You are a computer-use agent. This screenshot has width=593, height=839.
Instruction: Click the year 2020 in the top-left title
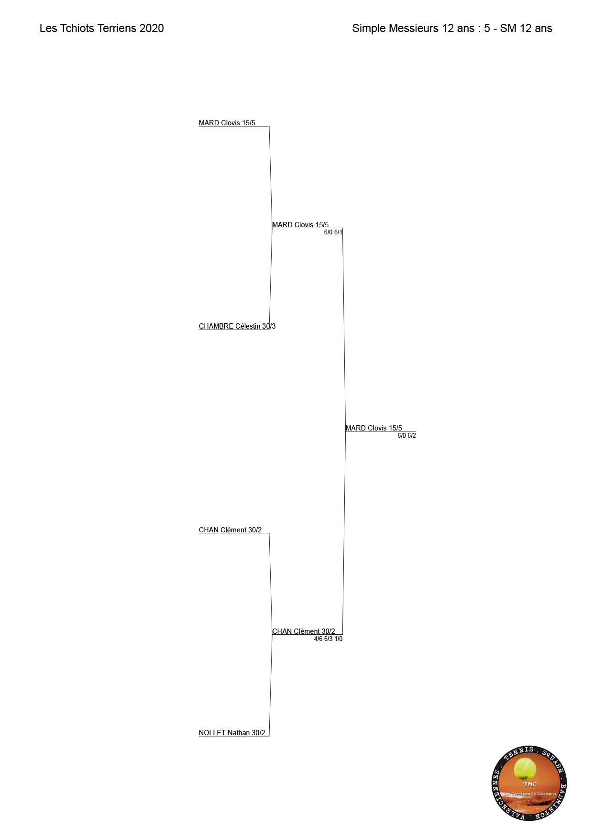point(152,28)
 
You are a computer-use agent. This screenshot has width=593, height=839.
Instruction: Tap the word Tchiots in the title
point(77,28)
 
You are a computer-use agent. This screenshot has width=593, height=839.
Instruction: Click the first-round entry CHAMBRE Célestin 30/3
point(237,326)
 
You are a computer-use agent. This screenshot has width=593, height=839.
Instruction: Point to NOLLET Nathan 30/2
point(232,733)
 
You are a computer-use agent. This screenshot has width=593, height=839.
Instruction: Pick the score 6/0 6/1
point(333,232)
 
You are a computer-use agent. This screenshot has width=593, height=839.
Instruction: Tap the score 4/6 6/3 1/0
point(328,639)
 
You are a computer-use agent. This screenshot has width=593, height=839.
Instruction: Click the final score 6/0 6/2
point(406,436)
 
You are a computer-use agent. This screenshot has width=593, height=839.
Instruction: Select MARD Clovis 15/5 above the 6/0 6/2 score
point(373,428)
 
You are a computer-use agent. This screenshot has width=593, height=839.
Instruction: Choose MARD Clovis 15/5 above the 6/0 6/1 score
point(300,225)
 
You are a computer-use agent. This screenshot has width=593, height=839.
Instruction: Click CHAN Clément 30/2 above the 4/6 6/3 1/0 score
point(304,631)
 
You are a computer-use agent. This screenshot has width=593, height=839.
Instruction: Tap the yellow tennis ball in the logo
point(525,769)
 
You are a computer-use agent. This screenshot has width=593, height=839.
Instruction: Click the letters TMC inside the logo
point(530,784)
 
